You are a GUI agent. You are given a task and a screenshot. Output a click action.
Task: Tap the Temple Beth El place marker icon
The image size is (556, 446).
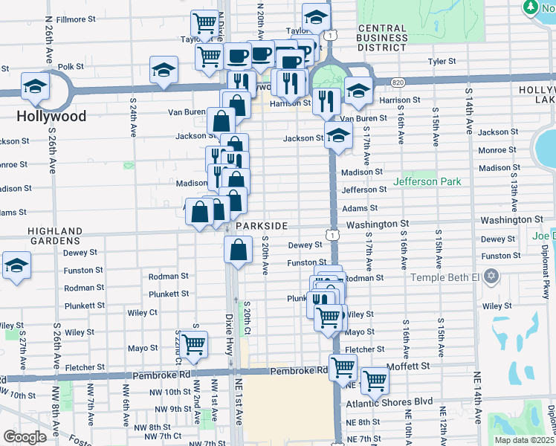tap(490, 277)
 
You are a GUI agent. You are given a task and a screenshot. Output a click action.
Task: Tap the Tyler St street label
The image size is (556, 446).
tap(440, 62)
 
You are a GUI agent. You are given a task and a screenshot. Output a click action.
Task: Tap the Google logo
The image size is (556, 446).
tap(24, 436)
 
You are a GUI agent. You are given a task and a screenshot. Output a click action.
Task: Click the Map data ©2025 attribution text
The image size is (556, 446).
tap(524, 440)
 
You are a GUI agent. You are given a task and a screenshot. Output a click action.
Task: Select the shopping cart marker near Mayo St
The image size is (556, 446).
tap(193, 343)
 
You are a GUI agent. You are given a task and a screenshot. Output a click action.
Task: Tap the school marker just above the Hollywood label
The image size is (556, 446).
tap(35, 86)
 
